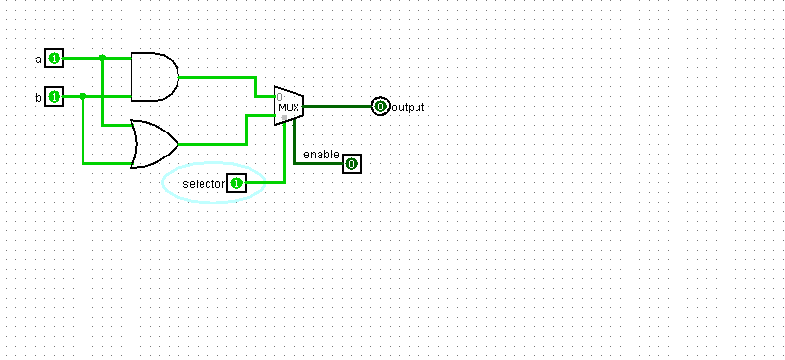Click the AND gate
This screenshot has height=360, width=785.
coord(153,77)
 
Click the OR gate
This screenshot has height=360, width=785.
coord(153,144)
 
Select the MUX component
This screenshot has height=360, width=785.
coord(289,106)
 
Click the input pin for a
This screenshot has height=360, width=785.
coord(55,59)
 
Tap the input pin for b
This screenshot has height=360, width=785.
coord(55,97)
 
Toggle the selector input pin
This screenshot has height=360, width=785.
coord(236,182)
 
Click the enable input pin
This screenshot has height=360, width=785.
coord(351,164)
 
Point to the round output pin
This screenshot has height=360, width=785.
coord(381,107)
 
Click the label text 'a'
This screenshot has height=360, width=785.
coord(39,60)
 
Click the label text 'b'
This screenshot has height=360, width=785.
coord(39,98)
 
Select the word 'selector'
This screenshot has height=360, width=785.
coord(202,183)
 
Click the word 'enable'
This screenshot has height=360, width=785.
coord(321,155)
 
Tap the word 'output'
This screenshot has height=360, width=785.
coord(408,108)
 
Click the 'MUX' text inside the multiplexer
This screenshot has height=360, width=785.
coord(289,108)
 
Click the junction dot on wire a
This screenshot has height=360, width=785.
coord(102,58)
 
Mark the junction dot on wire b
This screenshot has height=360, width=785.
coord(83,96)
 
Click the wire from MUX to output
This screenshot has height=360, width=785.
coord(336,107)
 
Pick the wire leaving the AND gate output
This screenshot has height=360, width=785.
coord(216,77)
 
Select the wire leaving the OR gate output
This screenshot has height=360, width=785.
coord(211,144)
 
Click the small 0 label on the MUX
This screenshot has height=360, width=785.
coord(279,97)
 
